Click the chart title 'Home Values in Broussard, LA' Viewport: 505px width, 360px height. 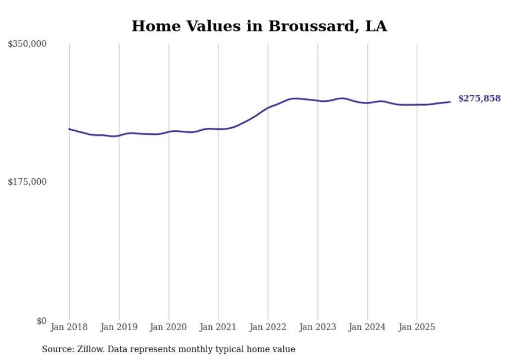click(x=259, y=26)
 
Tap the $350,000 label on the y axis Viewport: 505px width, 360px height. click(x=27, y=44)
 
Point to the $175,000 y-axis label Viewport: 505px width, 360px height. click(x=27, y=182)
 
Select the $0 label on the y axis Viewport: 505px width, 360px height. click(x=41, y=321)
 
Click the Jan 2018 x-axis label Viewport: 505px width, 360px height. click(x=69, y=327)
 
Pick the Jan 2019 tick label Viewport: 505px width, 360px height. click(x=119, y=327)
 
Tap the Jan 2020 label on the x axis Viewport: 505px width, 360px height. click(x=169, y=327)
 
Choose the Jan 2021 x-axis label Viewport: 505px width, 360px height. click(x=218, y=327)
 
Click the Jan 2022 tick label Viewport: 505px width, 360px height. click(x=268, y=327)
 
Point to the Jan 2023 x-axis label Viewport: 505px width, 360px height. click(x=317, y=327)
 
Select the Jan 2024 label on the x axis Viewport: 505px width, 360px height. click(x=367, y=327)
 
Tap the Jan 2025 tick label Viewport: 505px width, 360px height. click(x=417, y=327)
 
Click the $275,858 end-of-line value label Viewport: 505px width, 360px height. click(x=479, y=98)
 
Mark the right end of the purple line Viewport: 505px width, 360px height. click(x=450, y=101)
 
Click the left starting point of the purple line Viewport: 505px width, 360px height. click(x=69, y=129)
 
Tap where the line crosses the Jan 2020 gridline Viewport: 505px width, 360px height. click(x=169, y=132)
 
